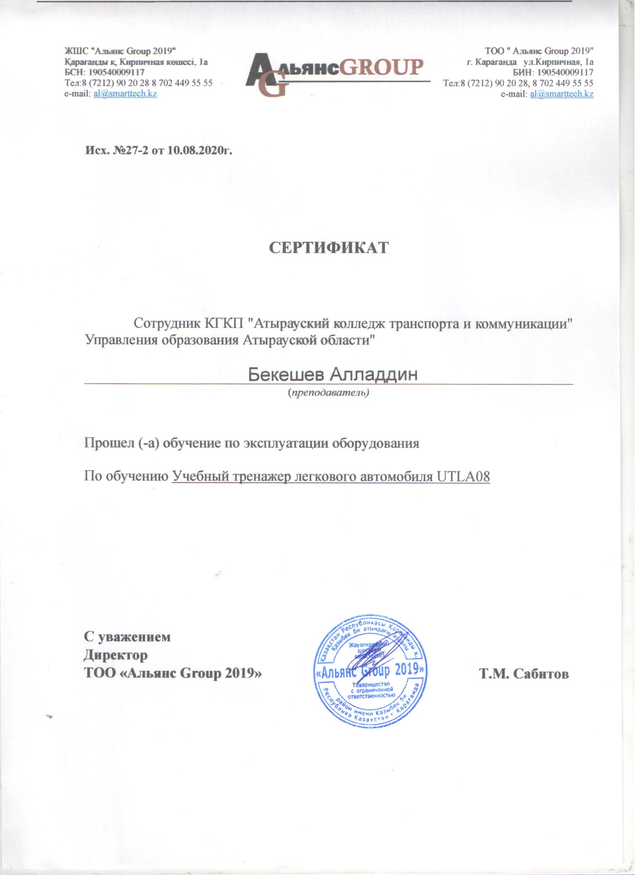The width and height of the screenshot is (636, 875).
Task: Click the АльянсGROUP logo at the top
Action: click(334, 73)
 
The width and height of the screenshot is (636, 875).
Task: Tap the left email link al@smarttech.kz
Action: click(125, 94)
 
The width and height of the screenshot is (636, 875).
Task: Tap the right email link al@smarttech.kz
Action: click(562, 94)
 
